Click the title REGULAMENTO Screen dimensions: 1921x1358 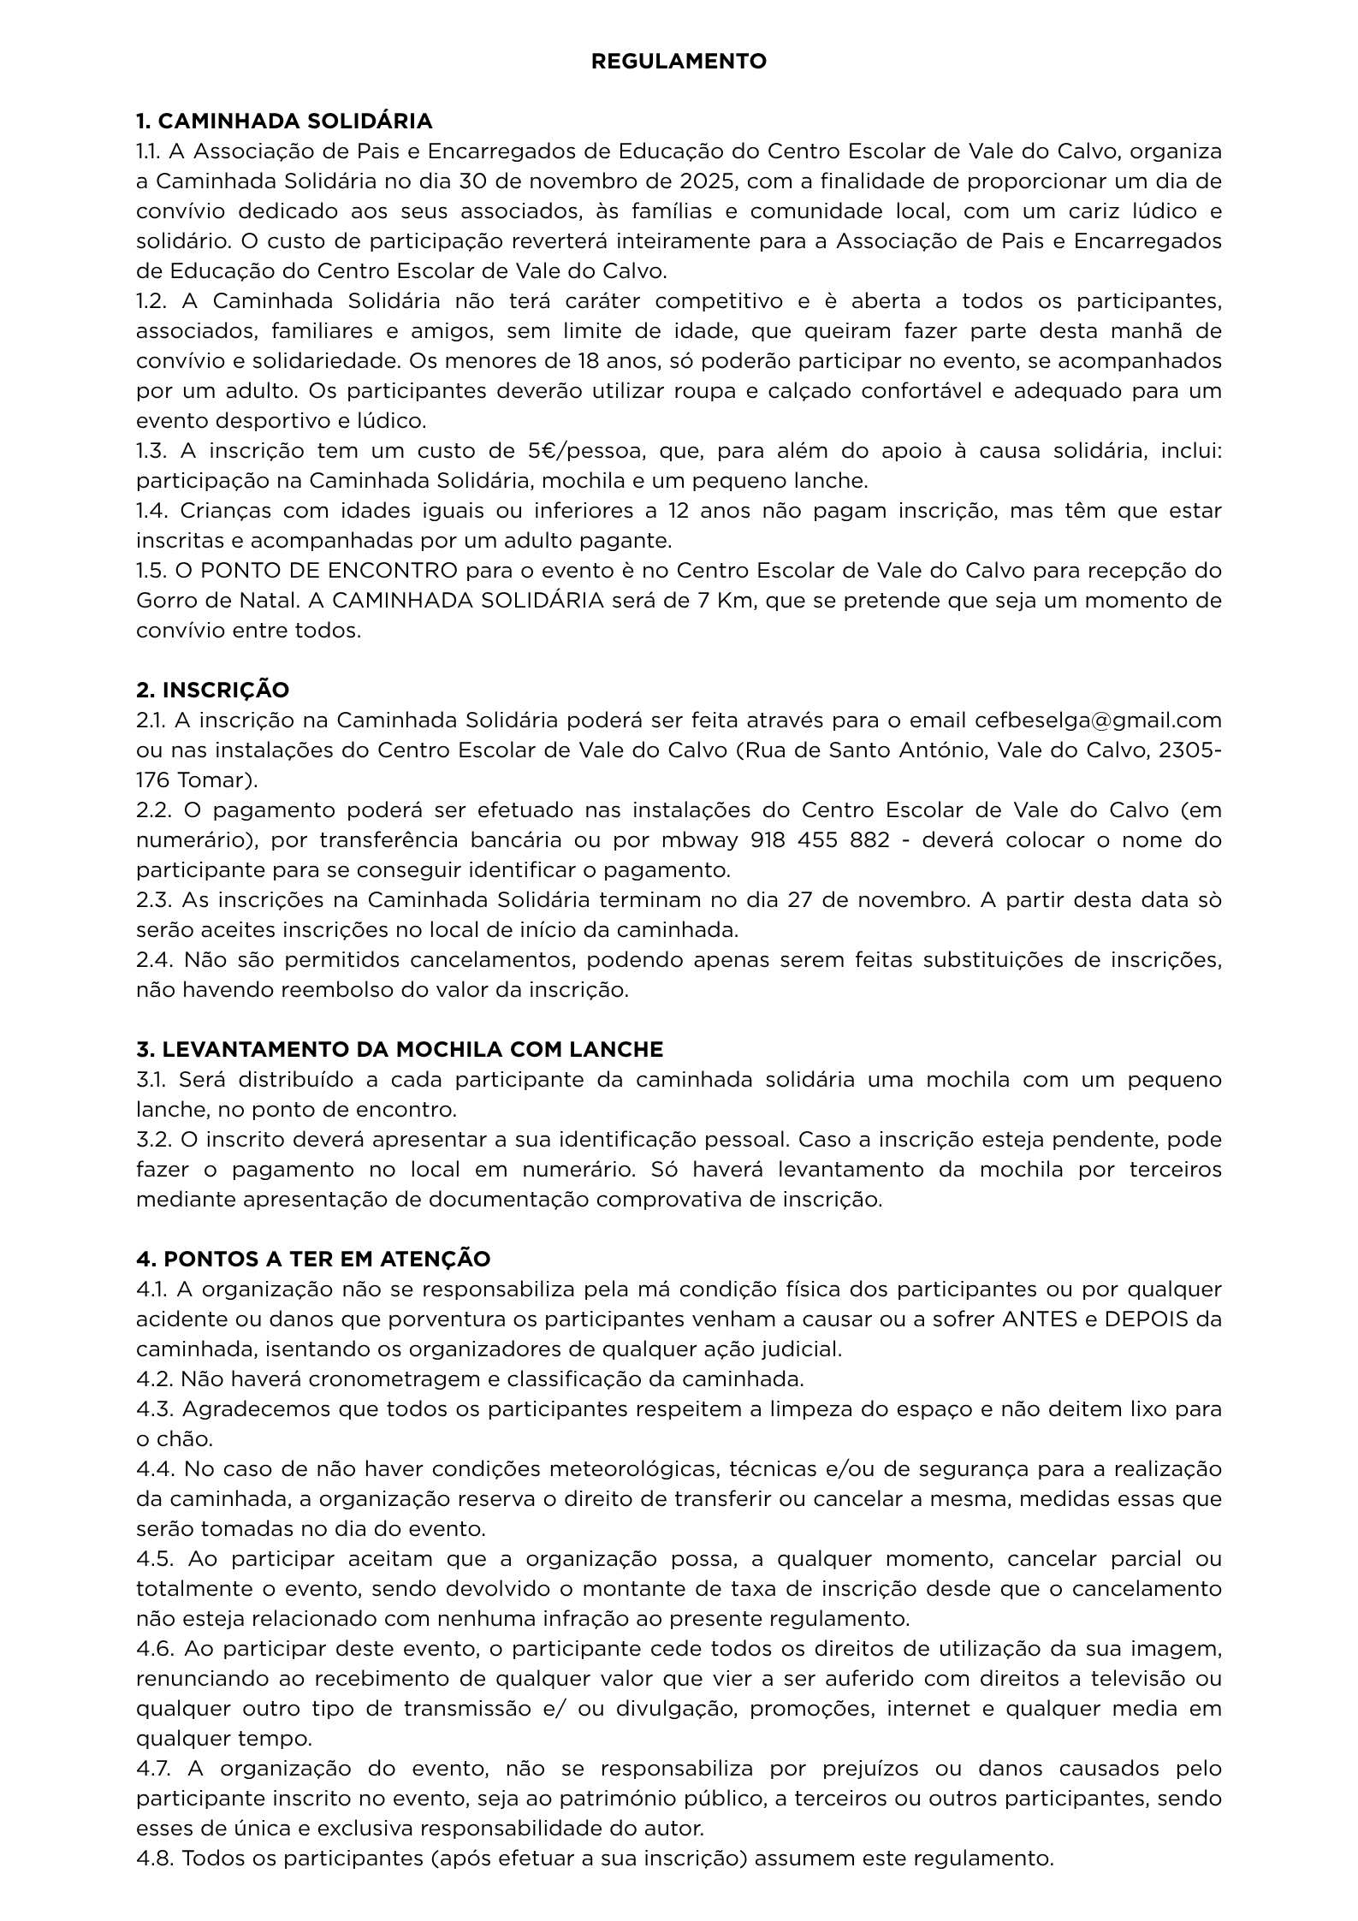(x=679, y=62)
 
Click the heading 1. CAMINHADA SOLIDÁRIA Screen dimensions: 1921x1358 (x=284, y=122)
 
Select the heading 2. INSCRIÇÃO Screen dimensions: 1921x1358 (x=212, y=690)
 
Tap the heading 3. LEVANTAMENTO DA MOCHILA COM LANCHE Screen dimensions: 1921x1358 (x=400, y=1049)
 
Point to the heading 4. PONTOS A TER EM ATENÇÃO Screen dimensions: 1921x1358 (x=313, y=1259)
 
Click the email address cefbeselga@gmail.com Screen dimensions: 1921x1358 (x=1098, y=720)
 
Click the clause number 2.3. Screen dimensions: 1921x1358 (x=152, y=900)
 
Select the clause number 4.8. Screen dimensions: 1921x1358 (x=153, y=1858)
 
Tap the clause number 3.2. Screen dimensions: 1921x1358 (x=151, y=1140)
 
